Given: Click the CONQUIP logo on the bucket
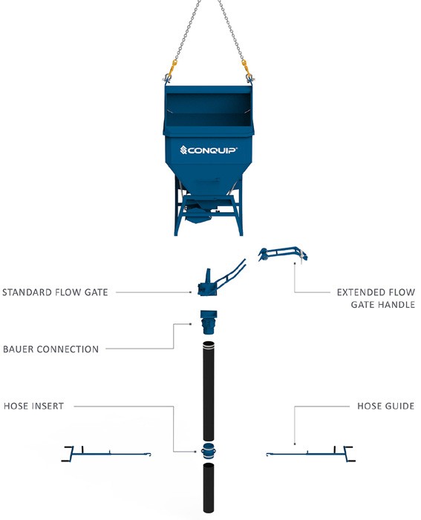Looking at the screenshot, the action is pos(209,151).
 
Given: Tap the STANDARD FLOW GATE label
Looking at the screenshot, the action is pos(55,292).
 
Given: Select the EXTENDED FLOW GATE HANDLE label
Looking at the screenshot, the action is pos(376,298).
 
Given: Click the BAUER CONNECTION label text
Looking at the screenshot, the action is pos(50,349).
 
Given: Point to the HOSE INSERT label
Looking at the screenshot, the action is pos(34,406).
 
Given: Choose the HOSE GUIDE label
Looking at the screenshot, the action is pos(386,406).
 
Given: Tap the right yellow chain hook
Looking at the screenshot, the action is pos(246,68).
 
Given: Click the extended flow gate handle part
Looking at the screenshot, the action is pos(283,254).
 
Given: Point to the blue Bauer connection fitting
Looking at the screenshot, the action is pos(209,322).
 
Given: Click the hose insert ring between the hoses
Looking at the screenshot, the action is pos(209,451).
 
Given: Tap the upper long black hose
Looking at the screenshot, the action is pos(209,391).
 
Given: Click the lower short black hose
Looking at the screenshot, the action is pos(209,488).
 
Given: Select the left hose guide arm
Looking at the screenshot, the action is pos(106,454).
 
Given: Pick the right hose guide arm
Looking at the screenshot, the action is pos(311,454).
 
